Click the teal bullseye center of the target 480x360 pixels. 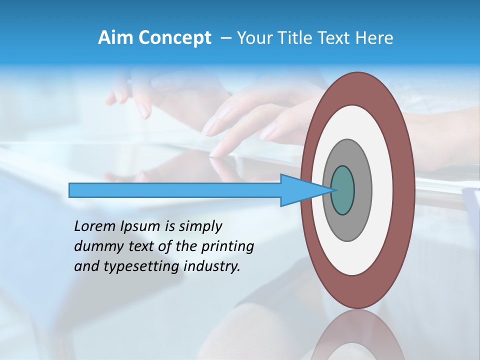coord(342,190)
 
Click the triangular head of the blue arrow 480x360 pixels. coord(300,190)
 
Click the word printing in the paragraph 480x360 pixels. coord(227,246)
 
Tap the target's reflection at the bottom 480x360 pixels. coord(358,337)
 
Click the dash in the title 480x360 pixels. coord(226,38)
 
